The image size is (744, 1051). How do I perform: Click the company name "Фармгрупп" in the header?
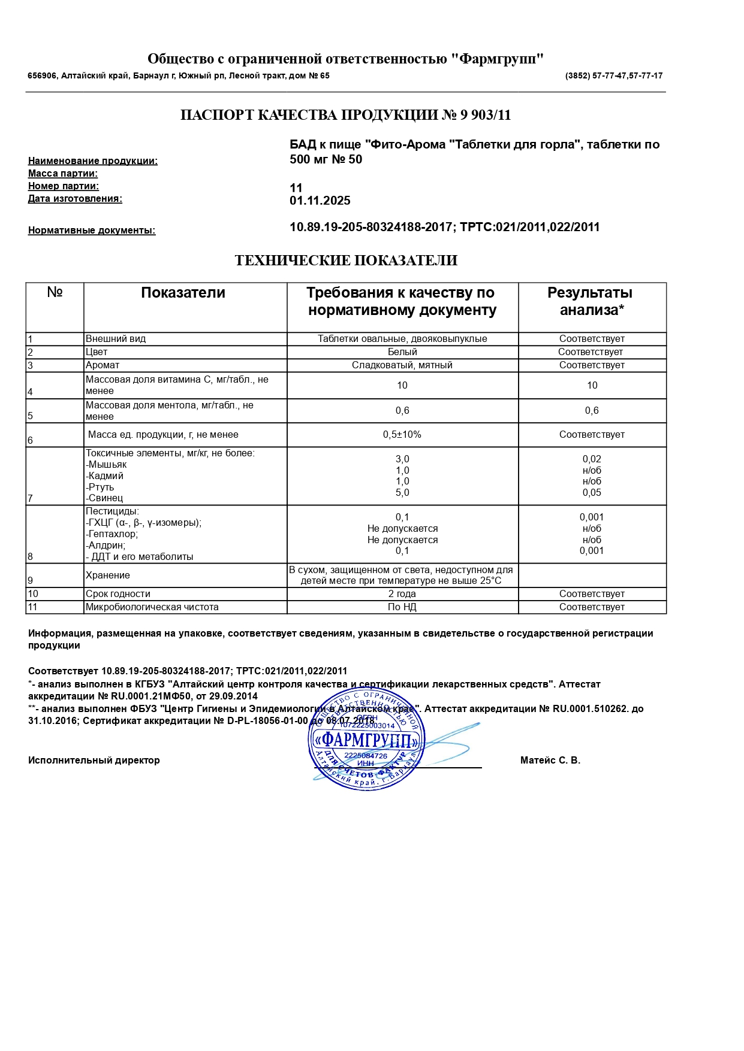click(497, 59)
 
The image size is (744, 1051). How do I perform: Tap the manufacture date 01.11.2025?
click(320, 201)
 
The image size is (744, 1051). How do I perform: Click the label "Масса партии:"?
click(63, 174)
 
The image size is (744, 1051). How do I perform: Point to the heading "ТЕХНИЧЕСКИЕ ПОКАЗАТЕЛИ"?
click(346, 261)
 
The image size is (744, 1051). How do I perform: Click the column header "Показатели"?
click(183, 293)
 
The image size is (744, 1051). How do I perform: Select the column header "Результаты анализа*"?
click(591, 301)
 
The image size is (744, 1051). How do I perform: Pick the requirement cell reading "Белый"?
click(402, 352)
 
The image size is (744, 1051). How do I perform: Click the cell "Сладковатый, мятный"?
click(402, 365)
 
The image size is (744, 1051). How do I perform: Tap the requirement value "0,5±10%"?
click(402, 435)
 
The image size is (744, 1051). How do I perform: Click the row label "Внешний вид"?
click(116, 339)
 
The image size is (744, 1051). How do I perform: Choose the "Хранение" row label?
click(108, 576)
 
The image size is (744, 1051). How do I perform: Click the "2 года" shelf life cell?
click(402, 594)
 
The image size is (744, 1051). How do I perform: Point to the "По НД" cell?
click(402, 607)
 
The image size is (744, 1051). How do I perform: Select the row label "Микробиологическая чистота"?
click(152, 607)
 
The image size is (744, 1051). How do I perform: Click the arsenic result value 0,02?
click(592, 459)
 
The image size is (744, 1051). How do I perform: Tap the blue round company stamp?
click(366, 740)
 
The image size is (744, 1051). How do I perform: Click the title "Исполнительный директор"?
click(94, 761)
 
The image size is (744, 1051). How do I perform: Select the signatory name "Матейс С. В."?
click(550, 761)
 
